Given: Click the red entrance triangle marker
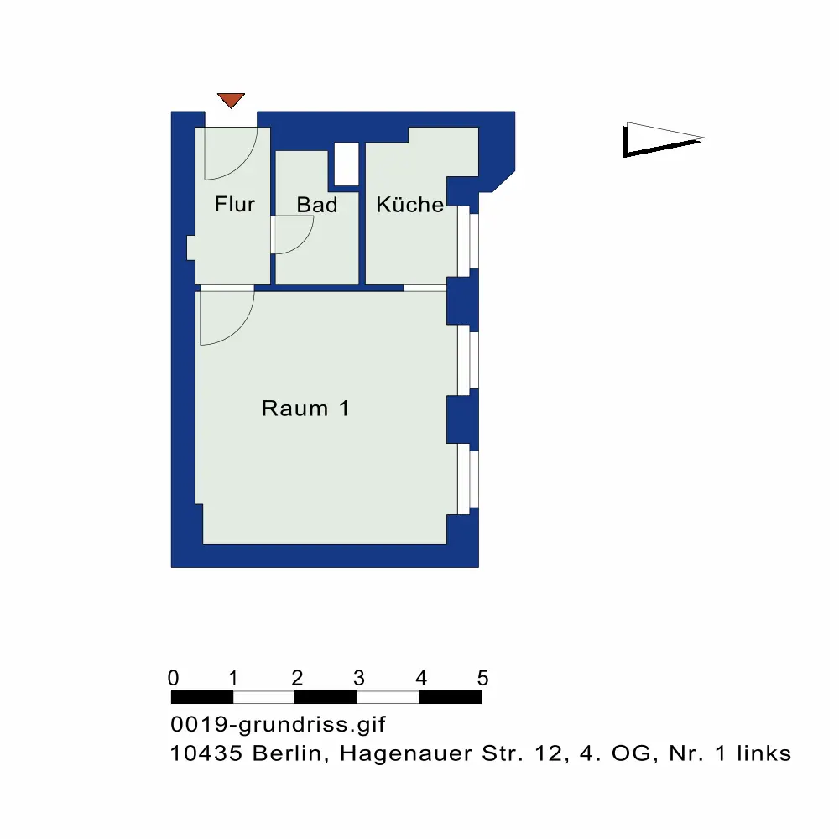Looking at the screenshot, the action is (x=231, y=100).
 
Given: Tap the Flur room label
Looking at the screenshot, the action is (x=235, y=204).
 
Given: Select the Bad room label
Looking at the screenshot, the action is (x=317, y=205).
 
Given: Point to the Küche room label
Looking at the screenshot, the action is (x=410, y=204).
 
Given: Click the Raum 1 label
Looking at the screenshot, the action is (x=305, y=409).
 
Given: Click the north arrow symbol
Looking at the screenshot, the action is (x=663, y=139).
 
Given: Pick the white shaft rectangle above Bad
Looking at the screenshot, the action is (x=347, y=164).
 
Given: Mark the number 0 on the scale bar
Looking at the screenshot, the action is (x=174, y=678).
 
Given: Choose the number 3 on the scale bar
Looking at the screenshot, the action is (x=359, y=678).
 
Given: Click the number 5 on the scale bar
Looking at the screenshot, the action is (x=482, y=678).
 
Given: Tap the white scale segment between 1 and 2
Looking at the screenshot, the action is (x=263, y=697).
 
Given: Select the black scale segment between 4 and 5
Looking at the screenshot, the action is (x=450, y=697).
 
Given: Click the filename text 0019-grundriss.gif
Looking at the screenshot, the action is (x=278, y=725).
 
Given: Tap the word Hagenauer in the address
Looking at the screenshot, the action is (x=406, y=754).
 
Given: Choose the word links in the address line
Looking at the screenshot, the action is (x=764, y=753).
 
